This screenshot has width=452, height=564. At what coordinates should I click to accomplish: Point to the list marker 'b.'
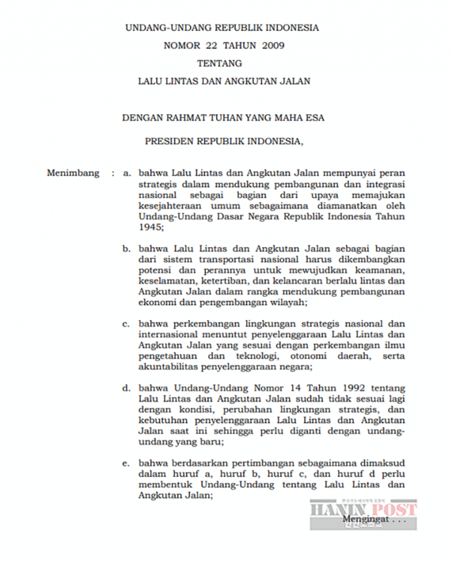(x=126, y=248)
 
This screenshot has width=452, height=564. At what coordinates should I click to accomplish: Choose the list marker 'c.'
(x=126, y=324)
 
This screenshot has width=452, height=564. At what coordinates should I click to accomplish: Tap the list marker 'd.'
(x=126, y=388)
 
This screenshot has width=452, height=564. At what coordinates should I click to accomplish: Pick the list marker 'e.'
(x=126, y=462)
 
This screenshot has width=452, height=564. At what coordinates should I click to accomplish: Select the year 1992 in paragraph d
(x=342, y=388)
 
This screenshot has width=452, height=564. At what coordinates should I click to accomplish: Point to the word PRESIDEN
(x=171, y=141)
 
